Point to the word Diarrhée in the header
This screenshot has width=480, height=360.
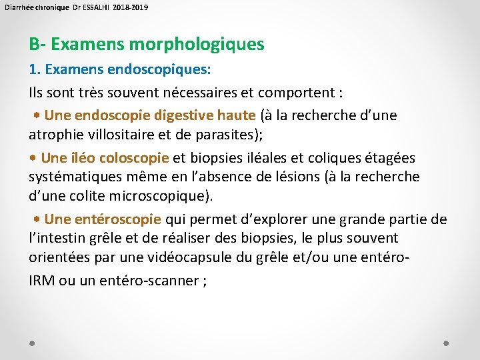pyautogui.click(x=19, y=7)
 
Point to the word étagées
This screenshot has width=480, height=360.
pyautogui.click(x=391, y=158)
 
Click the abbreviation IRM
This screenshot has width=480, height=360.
pyautogui.click(x=42, y=281)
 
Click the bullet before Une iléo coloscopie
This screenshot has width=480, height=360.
pyautogui.click(x=33, y=159)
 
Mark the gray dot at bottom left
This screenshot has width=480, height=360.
pyautogui.click(x=33, y=343)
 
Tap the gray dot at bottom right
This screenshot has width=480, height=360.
pyautogui.click(x=446, y=343)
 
